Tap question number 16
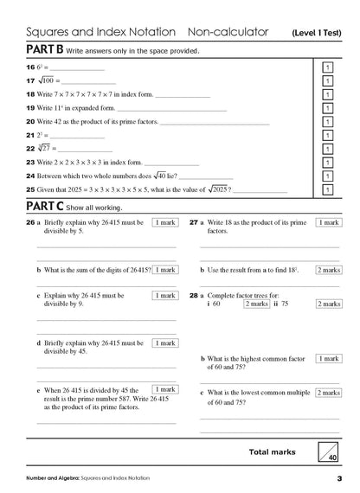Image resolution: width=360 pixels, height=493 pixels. click(x=29, y=67)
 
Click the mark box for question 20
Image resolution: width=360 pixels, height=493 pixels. click(x=327, y=122)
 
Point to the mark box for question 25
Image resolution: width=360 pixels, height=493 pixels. click(x=327, y=189)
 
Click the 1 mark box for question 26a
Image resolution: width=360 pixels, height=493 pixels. click(x=164, y=222)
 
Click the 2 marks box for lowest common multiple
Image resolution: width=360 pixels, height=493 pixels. click(x=328, y=393)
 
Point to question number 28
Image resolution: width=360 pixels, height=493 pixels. click(x=195, y=294)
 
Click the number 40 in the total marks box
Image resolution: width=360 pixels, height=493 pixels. click(x=333, y=456)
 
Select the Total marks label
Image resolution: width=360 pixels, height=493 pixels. click(x=272, y=451)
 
